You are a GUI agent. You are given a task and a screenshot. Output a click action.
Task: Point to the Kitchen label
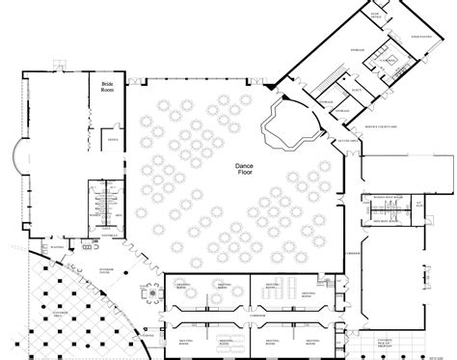[390, 61]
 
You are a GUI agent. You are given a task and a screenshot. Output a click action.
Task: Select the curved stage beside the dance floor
[292, 121]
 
